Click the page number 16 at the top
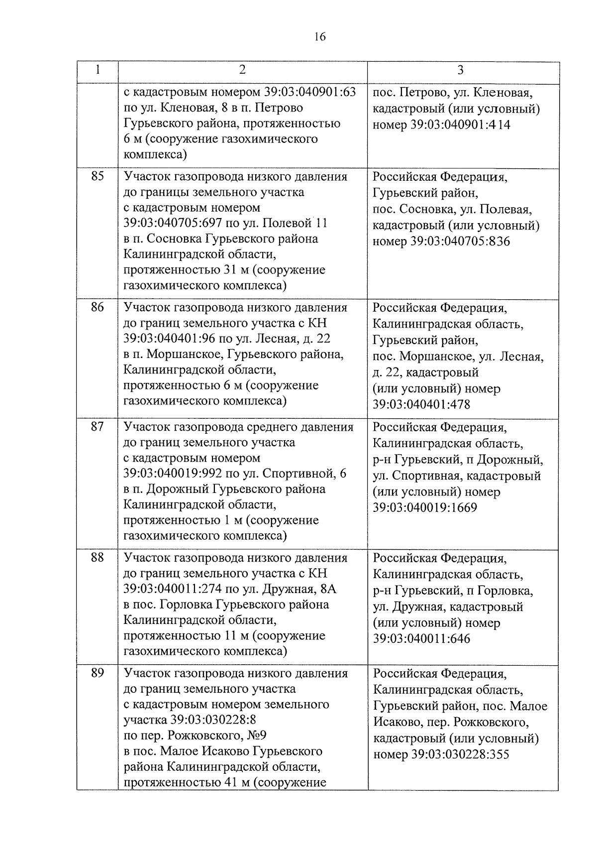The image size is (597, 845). coord(319,36)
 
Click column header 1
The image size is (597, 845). coord(98,70)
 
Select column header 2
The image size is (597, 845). coord(242,70)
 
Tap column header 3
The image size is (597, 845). coord(461,70)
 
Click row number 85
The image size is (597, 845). coord(98,176)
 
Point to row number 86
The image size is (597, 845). coord(98,307)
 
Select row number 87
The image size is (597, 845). coord(98,427)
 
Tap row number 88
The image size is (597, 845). coord(98,558)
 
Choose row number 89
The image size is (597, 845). coord(98,673)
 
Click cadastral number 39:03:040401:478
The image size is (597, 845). coord(421,404)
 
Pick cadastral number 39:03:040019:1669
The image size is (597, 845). coord(425,508)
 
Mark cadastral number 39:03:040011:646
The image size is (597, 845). coord(421,639)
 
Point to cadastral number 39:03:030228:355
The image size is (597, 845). coord(460,754)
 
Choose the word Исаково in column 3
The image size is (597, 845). coord(394,722)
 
